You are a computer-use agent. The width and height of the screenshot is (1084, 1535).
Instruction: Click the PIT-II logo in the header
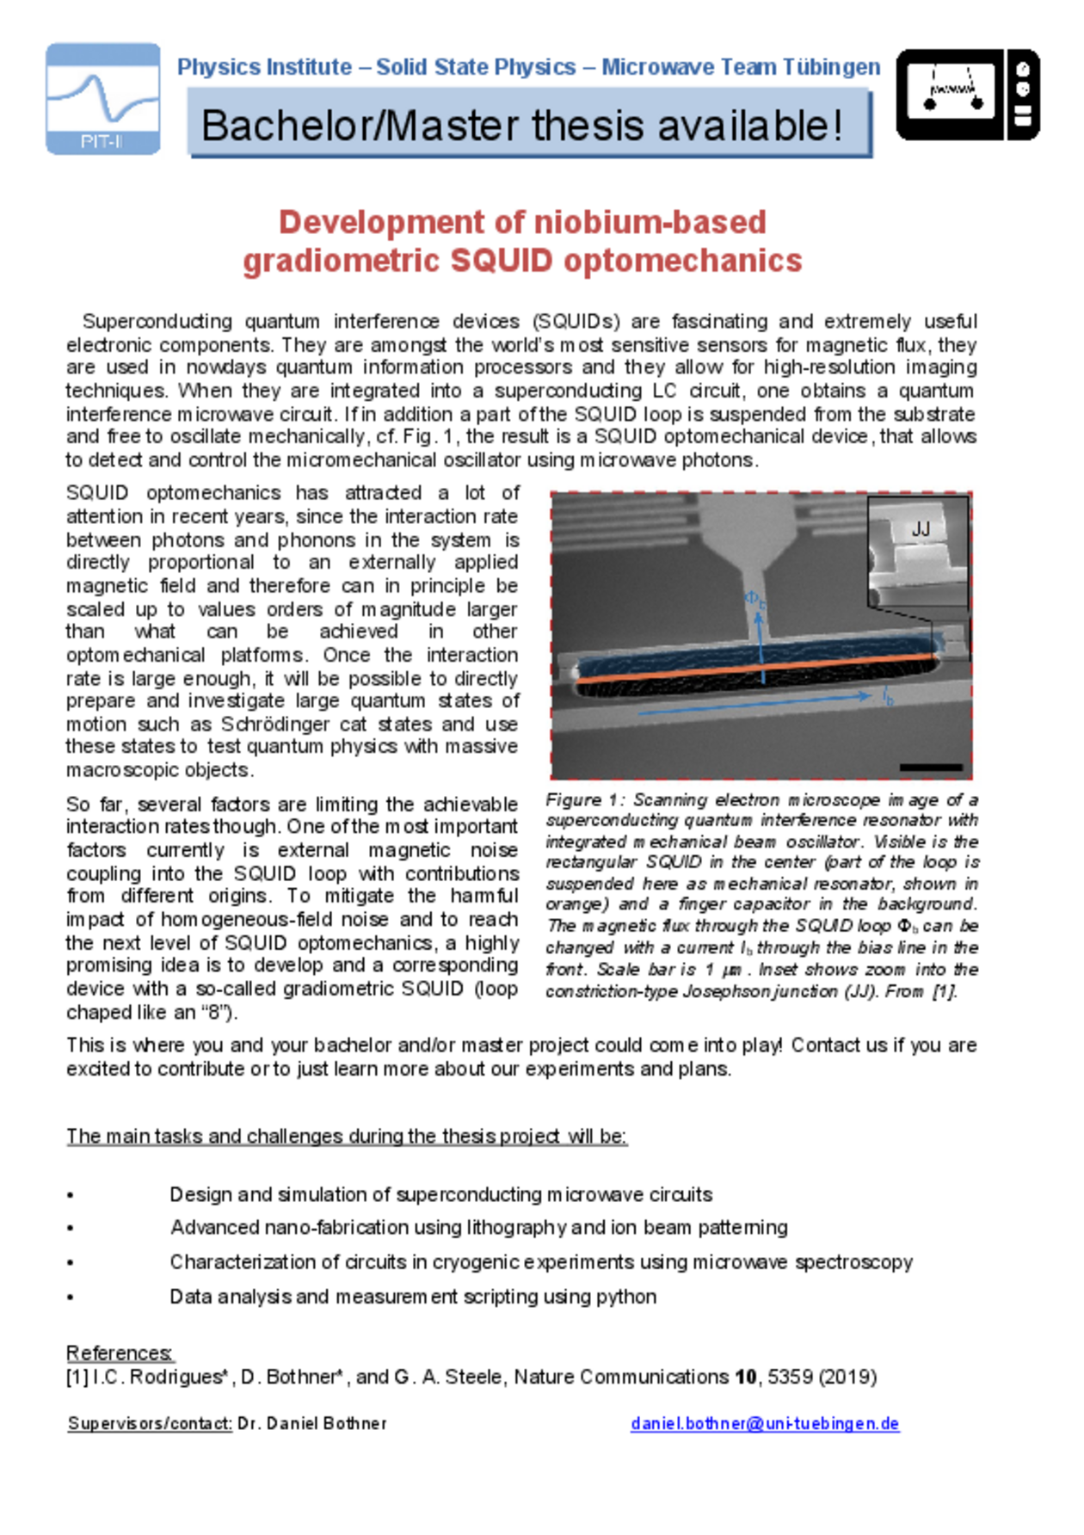point(103,99)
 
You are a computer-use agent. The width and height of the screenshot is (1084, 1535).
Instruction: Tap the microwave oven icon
point(968,95)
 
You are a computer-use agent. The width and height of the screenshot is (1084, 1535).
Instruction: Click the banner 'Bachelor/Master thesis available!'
point(529,126)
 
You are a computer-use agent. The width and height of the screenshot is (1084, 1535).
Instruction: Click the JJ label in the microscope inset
point(921,529)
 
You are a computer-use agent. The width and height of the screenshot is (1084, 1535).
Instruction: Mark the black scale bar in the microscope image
point(931,766)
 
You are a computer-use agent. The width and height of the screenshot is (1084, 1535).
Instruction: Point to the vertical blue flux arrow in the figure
point(761,641)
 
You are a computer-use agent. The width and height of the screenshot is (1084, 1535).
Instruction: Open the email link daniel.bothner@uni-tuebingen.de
point(765,1424)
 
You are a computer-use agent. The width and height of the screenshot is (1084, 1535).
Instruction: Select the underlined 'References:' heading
point(120,1353)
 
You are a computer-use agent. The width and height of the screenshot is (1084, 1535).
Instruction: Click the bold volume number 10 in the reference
point(745,1378)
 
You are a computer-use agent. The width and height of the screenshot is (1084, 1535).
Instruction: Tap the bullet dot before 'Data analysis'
point(71,1298)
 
